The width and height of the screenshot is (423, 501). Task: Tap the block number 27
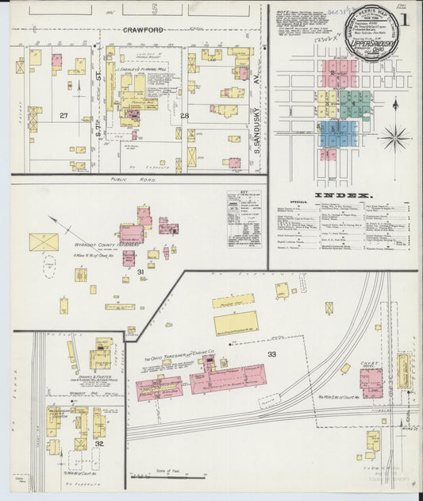pyautogui.click(x=63, y=116)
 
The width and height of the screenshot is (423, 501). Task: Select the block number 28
pyautogui.click(x=184, y=116)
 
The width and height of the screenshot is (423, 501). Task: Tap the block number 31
pyautogui.click(x=140, y=272)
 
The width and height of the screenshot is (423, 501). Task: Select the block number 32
pyautogui.click(x=99, y=444)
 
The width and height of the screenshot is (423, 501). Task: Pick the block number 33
pyautogui.click(x=271, y=353)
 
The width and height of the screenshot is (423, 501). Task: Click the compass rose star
pyautogui.click(x=394, y=137)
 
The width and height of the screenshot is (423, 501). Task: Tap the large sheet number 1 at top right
pyautogui.click(x=406, y=20)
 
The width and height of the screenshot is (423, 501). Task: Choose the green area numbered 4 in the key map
pyautogui.click(x=356, y=105)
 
